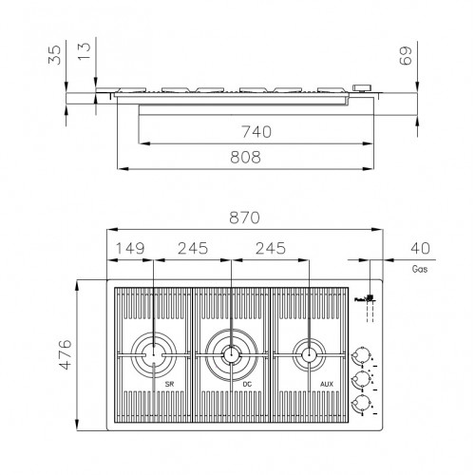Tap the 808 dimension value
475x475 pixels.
click(245, 158)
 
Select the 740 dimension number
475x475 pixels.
click(255, 132)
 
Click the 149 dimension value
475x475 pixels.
click(129, 249)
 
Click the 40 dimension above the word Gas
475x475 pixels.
click(418, 249)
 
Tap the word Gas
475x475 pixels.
click(419, 269)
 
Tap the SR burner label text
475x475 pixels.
click(171, 384)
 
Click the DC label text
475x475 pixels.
click(247, 384)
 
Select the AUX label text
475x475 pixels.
click(327, 384)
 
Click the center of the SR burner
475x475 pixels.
click(152, 356)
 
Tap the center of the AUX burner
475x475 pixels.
click(306, 356)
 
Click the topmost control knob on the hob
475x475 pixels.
click(359, 356)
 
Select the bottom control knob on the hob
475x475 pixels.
click(359, 405)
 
